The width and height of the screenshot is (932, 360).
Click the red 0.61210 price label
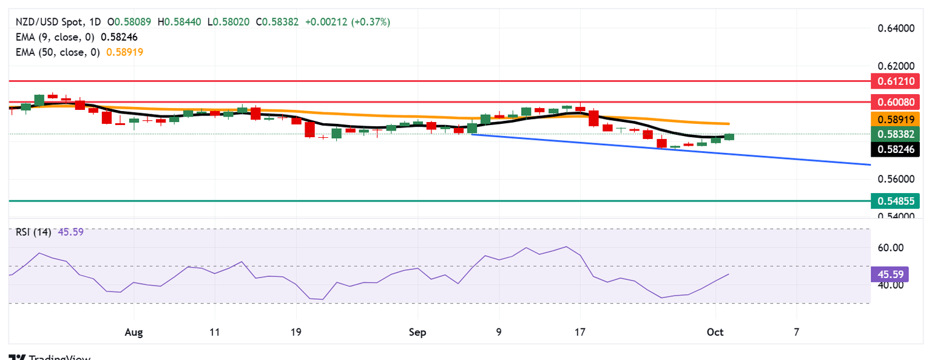point(895,80)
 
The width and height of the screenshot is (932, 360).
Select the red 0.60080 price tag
point(895,101)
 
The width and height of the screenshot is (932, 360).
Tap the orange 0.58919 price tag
point(895,118)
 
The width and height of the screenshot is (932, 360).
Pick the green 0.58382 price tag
point(895,134)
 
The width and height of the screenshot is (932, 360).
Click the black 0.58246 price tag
point(895,149)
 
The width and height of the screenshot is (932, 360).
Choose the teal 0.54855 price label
point(895,200)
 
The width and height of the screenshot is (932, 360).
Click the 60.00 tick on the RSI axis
point(886,248)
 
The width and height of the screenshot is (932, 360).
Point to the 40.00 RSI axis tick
point(886,285)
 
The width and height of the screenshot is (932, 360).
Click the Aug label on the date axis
point(133,332)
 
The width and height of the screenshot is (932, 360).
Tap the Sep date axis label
point(417,332)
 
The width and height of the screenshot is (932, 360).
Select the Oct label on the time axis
point(716,332)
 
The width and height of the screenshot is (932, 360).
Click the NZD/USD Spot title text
point(58,22)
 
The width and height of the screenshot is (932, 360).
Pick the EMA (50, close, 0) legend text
point(56,52)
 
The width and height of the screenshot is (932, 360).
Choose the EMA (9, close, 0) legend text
point(54,37)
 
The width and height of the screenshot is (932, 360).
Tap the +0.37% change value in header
point(371,22)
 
